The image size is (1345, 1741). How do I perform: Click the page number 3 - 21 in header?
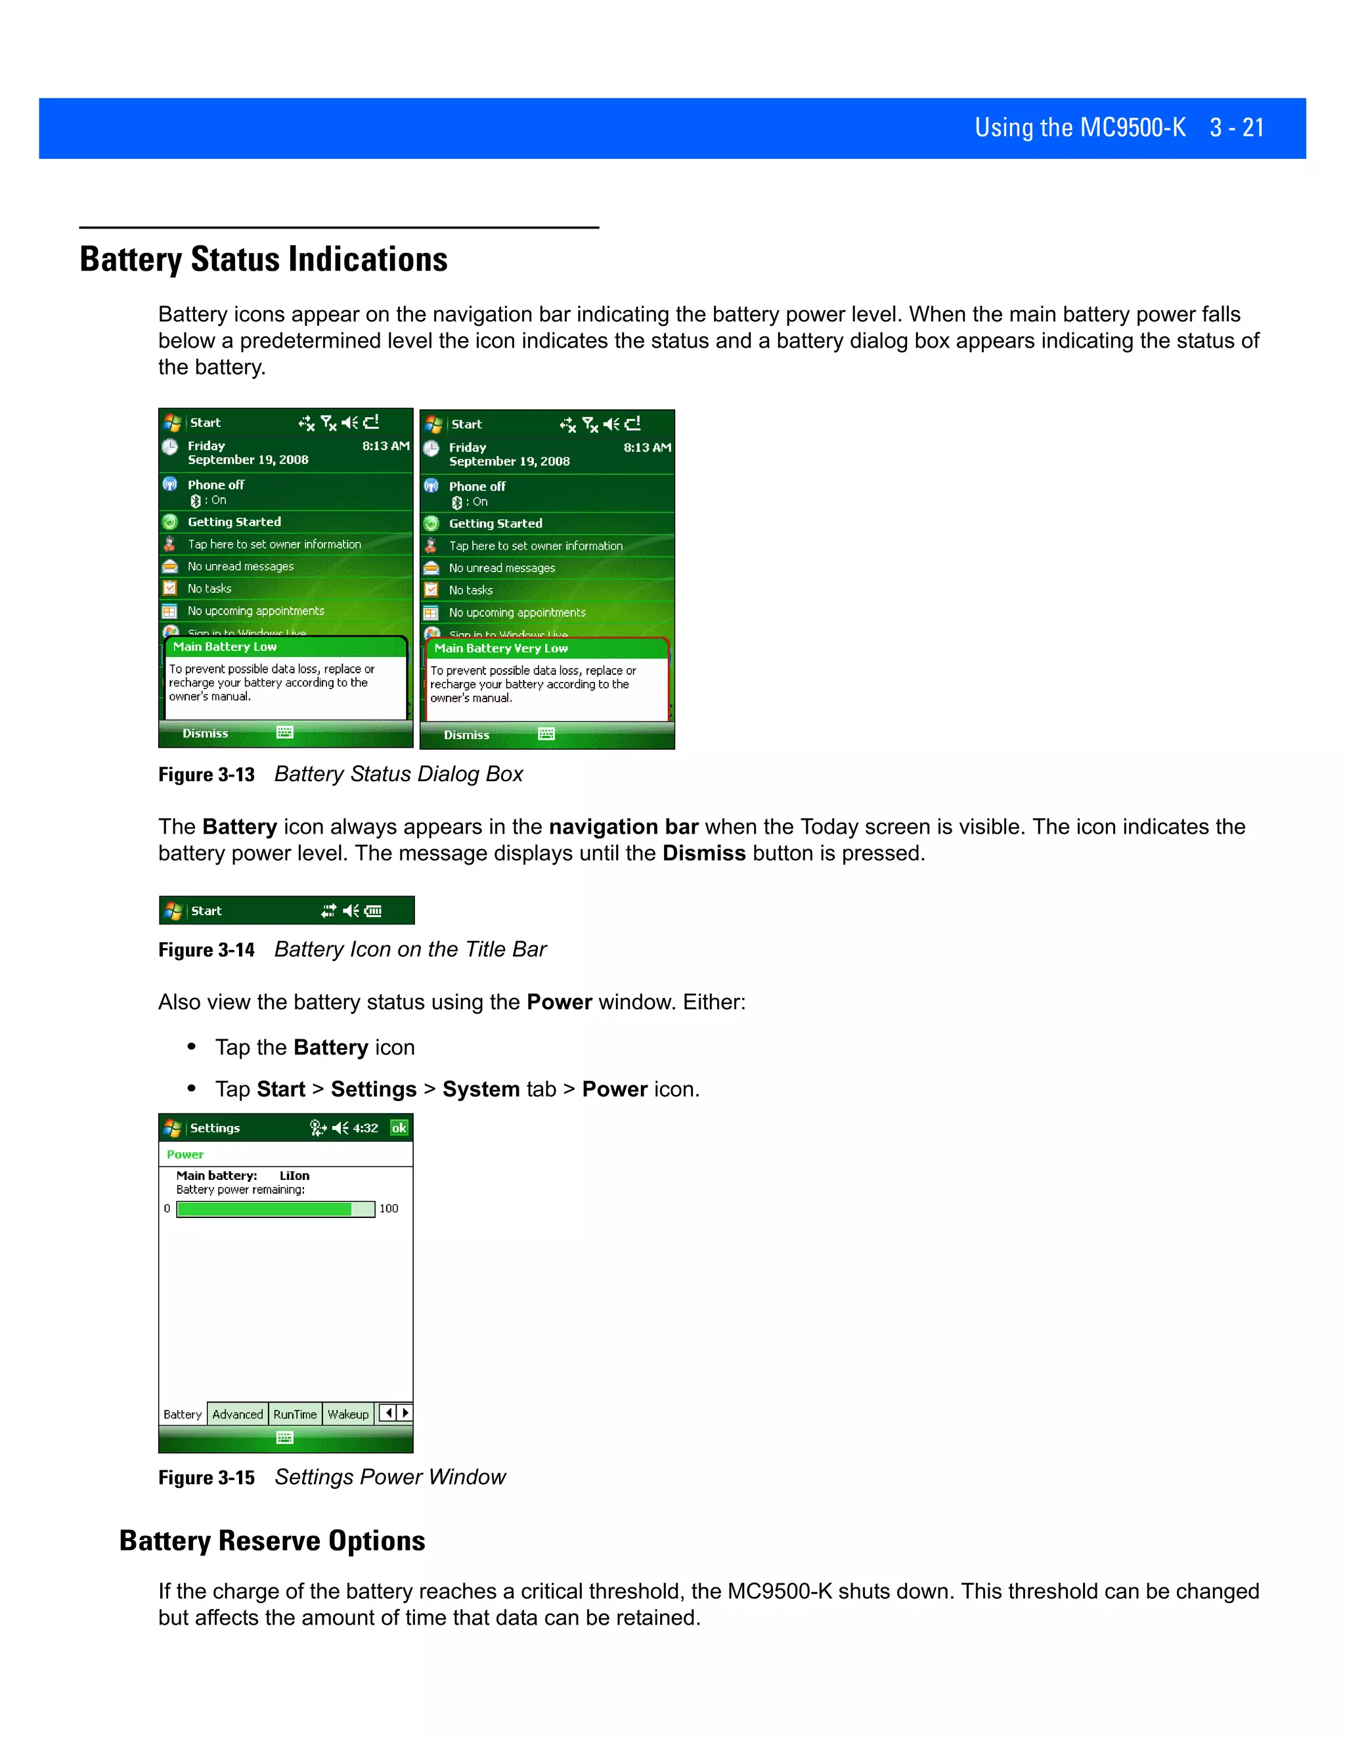coord(1236,127)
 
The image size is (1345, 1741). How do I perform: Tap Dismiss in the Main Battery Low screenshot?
coord(205,733)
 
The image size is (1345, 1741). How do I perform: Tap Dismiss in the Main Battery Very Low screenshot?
coord(466,735)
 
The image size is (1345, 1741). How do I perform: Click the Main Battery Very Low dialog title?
coord(500,648)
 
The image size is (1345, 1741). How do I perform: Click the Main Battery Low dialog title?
coord(225,646)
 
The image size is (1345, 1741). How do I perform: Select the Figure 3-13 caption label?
coord(206,775)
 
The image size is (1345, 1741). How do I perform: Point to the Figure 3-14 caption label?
coord(206,950)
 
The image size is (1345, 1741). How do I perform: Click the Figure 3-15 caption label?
coord(206,1478)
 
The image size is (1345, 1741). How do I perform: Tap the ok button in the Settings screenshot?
coord(399,1128)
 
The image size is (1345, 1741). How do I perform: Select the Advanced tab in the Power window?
coord(238,1414)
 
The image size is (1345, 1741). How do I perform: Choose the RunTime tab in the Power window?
coord(295,1414)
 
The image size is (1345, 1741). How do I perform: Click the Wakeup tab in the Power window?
coord(348,1414)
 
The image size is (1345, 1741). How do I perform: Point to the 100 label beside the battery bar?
coord(389,1208)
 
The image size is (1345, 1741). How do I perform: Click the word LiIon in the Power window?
coord(294,1176)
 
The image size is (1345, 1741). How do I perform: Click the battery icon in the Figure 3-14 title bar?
coord(373,911)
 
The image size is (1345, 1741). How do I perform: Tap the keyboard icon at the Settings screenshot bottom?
coord(284,1437)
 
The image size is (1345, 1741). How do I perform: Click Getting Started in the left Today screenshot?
coord(234,522)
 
